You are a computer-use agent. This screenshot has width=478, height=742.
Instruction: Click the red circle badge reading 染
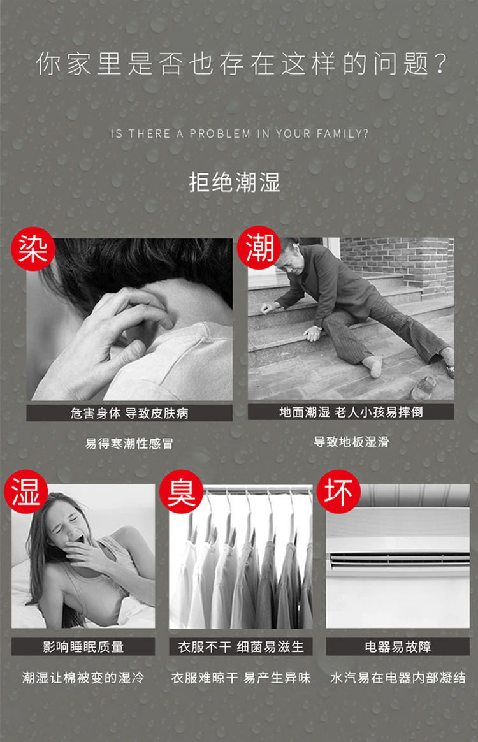[x=33, y=249]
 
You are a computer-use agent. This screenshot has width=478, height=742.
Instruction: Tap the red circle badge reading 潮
[x=259, y=247]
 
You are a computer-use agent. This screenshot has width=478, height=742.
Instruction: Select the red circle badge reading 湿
[x=26, y=491]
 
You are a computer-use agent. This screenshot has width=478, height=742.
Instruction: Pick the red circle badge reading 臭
[x=181, y=491]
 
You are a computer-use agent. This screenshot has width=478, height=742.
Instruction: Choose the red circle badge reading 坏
[x=338, y=491]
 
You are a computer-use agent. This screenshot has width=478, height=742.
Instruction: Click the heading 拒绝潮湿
[x=235, y=182]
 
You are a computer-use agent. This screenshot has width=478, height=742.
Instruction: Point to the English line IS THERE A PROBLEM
[x=239, y=133]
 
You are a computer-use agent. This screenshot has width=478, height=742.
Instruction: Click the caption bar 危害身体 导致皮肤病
[x=129, y=413]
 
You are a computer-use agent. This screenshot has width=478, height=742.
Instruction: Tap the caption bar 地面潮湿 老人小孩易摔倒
[x=351, y=412]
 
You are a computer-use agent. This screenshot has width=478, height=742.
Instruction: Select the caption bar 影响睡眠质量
[x=83, y=646]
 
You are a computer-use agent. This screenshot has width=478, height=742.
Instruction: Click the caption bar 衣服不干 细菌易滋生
[x=241, y=646]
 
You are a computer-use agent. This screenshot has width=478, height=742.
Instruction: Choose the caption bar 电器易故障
[x=398, y=646]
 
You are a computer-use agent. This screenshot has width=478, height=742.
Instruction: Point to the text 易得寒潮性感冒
[x=129, y=444]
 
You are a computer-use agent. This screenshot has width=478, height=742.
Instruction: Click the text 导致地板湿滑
[x=351, y=442]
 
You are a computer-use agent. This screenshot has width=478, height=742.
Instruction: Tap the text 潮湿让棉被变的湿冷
[x=83, y=678]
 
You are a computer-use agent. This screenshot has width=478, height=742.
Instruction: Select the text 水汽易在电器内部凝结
[x=398, y=678]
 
